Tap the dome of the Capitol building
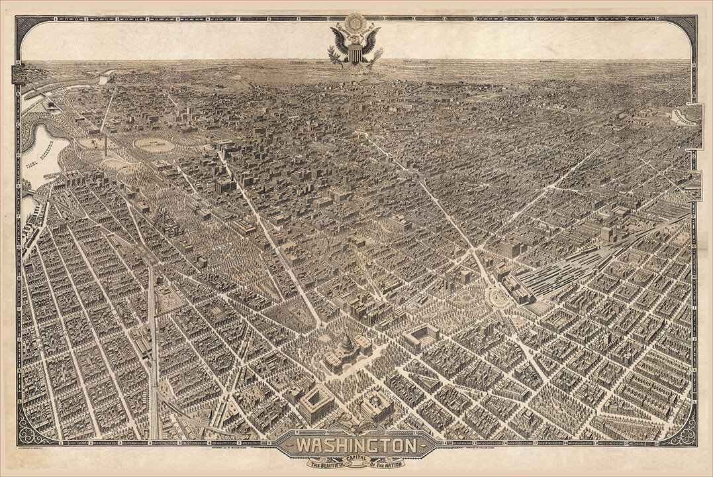point(346,344)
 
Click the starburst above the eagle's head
point(356,21)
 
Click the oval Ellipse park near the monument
point(154,144)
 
